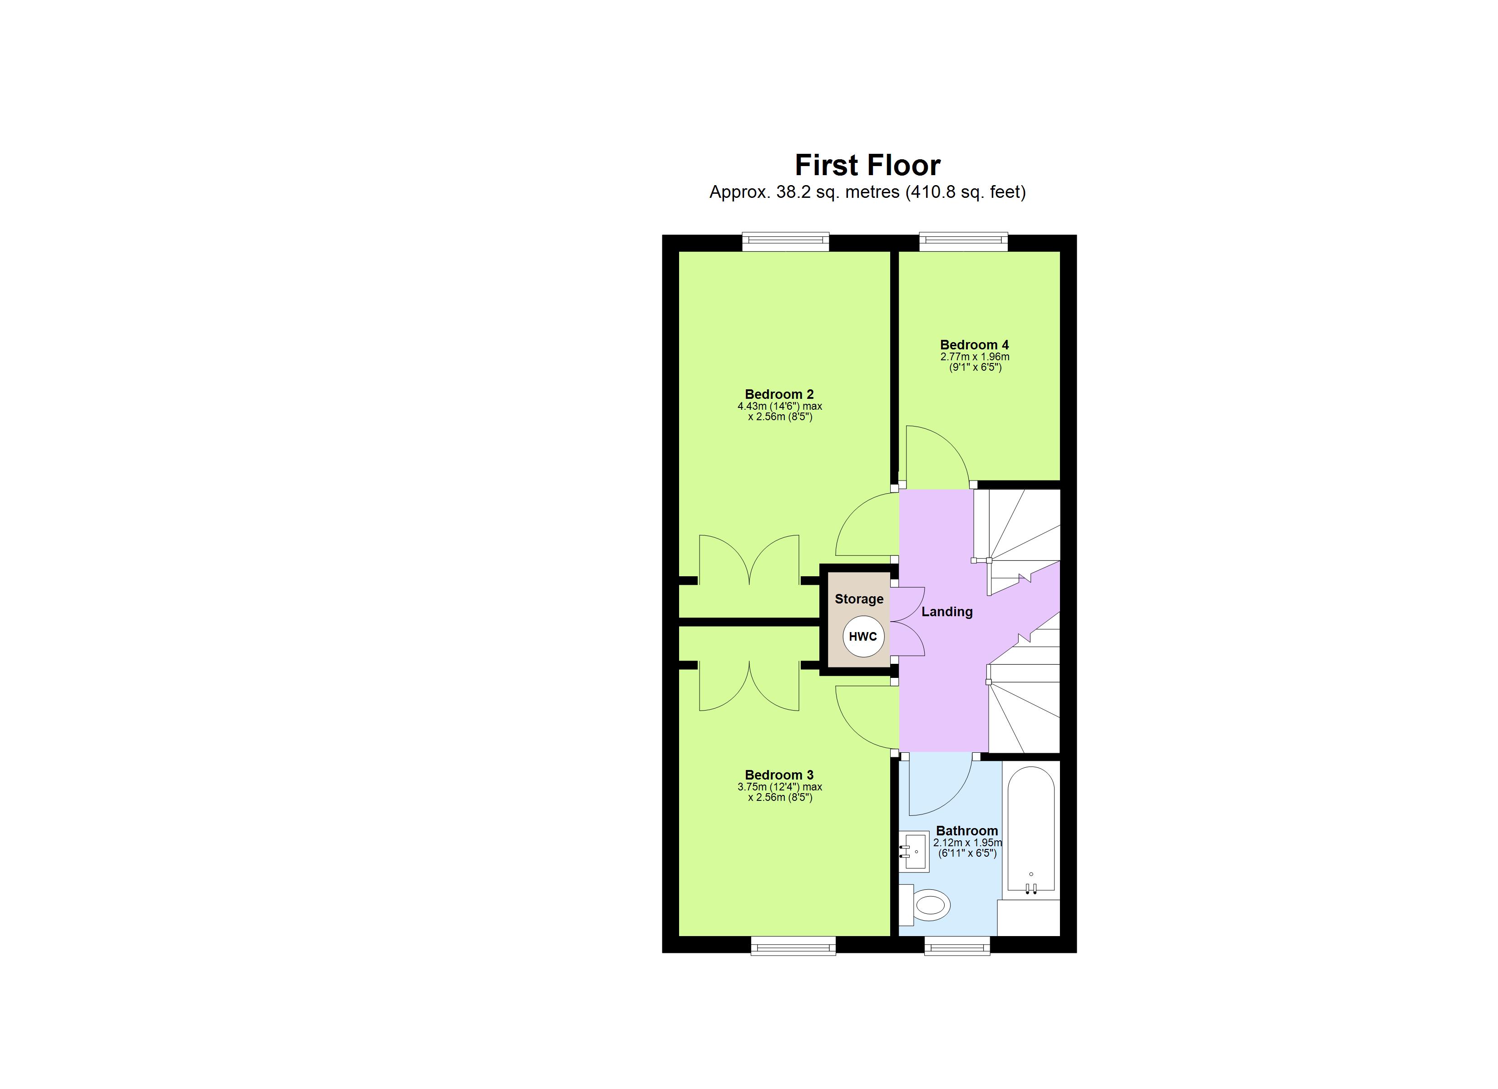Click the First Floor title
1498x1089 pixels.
click(x=867, y=165)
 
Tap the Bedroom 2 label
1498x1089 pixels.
click(x=779, y=394)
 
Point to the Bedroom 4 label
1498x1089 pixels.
click(x=974, y=345)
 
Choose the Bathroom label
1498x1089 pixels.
click(x=967, y=831)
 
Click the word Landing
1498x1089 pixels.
click(x=946, y=612)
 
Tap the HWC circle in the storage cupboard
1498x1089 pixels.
click(x=862, y=637)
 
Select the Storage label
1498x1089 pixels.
click(x=859, y=599)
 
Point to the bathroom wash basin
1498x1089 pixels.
click(x=915, y=853)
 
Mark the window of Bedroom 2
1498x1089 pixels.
click(x=785, y=242)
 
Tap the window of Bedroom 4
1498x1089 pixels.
click(x=964, y=242)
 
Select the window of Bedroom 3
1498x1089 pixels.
click(x=793, y=946)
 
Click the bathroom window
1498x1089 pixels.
click(x=957, y=946)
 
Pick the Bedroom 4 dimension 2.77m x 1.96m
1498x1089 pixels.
click(x=975, y=357)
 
